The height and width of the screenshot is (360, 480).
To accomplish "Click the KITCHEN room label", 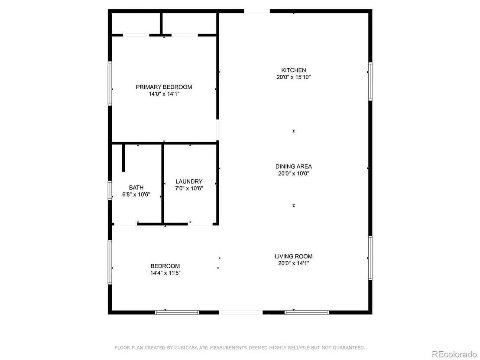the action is (x=294, y=70).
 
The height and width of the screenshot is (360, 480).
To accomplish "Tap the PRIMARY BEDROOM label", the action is (x=164, y=87).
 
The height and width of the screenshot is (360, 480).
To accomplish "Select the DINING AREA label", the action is (x=294, y=166).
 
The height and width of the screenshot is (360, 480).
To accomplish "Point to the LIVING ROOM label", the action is (x=294, y=256).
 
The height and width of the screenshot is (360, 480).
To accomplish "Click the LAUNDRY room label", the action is (x=189, y=181).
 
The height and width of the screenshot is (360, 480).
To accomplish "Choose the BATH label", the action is (x=136, y=187).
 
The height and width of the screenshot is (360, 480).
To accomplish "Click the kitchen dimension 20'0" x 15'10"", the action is (x=294, y=77).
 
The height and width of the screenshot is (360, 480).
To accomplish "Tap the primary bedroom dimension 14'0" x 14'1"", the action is (x=164, y=94).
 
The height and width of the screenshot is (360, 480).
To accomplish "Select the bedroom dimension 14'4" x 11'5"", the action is (x=165, y=273).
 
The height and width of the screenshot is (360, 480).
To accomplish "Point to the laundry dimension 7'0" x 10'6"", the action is (x=189, y=188).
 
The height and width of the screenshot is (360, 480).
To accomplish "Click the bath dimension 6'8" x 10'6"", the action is (x=136, y=195).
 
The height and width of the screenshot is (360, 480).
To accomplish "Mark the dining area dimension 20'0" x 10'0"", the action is (x=294, y=174).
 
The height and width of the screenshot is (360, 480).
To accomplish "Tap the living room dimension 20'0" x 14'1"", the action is (x=294, y=263).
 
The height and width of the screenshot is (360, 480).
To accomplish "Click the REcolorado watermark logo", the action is (x=454, y=354).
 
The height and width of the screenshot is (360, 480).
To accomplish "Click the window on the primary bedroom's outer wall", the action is (x=110, y=84).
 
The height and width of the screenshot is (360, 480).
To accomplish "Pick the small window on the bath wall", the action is (x=110, y=191).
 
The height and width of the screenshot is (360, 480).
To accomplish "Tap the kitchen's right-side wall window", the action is (x=370, y=81).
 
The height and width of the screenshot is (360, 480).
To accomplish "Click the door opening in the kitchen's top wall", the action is (x=257, y=11).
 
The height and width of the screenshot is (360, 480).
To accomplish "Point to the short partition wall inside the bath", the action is (x=123, y=158).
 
